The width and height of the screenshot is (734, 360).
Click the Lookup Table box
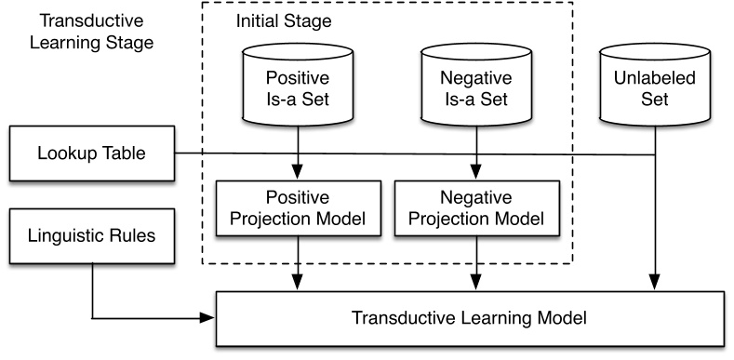(92, 153)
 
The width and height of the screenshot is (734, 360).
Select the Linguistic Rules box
(92, 236)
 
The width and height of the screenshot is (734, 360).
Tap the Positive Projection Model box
(299, 208)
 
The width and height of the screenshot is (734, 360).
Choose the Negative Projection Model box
(477, 208)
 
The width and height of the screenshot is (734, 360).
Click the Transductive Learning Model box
(470, 319)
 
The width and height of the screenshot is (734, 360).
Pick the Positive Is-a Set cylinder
(298, 85)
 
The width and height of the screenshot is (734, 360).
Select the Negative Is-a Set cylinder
(476, 85)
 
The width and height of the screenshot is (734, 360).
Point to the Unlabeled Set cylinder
(654, 85)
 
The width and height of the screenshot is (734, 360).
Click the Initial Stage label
(283, 21)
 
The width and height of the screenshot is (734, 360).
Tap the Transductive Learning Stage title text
(92, 32)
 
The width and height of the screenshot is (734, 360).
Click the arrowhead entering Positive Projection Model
(299, 172)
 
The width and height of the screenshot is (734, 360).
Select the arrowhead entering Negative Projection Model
(476, 172)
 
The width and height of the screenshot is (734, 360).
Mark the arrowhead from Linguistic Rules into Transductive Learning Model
(207, 318)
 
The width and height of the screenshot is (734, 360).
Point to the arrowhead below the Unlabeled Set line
(654, 282)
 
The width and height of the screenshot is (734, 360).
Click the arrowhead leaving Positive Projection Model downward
(299, 282)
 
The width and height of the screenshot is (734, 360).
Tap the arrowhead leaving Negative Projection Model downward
(476, 282)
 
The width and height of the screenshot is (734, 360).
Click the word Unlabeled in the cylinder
(654, 78)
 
